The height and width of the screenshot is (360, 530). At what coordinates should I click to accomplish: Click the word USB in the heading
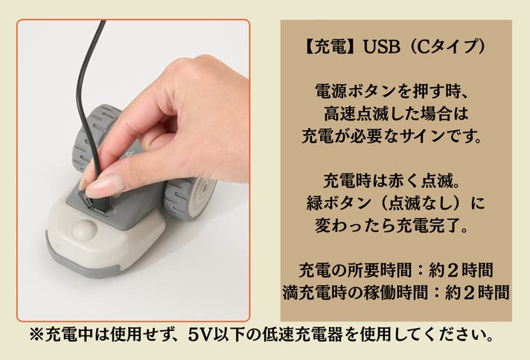pyautogui.click(x=381, y=46)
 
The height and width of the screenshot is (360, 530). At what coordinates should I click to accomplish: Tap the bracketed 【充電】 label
pyautogui.click(x=328, y=46)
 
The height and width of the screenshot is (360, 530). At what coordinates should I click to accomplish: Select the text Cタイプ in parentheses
pyautogui.click(x=444, y=46)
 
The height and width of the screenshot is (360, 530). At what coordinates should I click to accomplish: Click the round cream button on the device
pyautogui.click(x=85, y=231)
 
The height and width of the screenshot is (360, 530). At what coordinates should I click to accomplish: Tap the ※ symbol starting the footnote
pyautogui.click(x=36, y=335)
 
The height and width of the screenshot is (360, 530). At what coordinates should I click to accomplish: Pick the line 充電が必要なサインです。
pyautogui.click(x=392, y=136)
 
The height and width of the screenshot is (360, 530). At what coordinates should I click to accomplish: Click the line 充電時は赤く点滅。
pyautogui.click(x=392, y=181)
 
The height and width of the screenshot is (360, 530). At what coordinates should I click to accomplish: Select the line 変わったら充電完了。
pyautogui.click(x=392, y=225)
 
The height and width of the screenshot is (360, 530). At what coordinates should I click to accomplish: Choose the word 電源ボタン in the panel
pyautogui.click(x=355, y=91)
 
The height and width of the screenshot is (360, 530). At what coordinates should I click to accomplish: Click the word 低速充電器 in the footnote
pyautogui.click(x=302, y=335)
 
